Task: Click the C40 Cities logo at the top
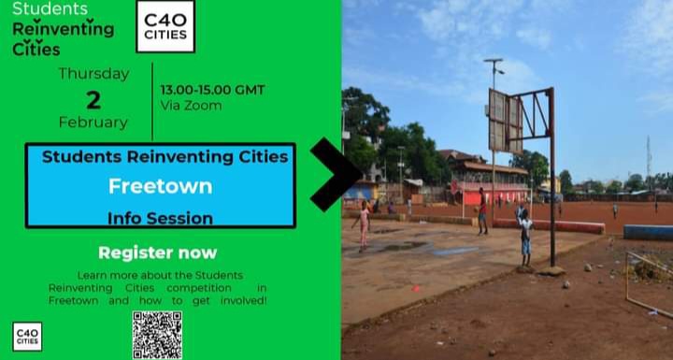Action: pyautogui.click(x=165, y=26)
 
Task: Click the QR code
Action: pyautogui.click(x=156, y=334)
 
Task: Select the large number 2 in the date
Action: pyautogui.click(x=93, y=100)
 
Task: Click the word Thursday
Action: pyautogui.click(x=93, y=73)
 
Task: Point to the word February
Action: pyautogui.click(x=93, y=122)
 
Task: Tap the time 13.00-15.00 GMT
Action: pyautogui.click(x=212, y=90)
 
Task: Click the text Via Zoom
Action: pyautogui.click(x=191, y=106)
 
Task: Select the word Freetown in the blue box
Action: pyautogui.click(x=160, y=186)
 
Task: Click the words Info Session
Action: pyautogui.click(x=160, y=219)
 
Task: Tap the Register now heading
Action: pyautogui.click(x=157, y=252)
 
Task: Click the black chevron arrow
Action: pyautogui.click(x=335, y=174)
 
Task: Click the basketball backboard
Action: pyautogui.click(x=505, y=122)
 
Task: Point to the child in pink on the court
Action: pyautogui.click(x=364, y=223)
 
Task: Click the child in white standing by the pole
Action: pyautogui.click(x=525, y=235)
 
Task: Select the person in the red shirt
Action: pyautogui.click(x=482, y=209)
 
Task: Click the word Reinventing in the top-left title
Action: pyautogui.click(x=63, y=29)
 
